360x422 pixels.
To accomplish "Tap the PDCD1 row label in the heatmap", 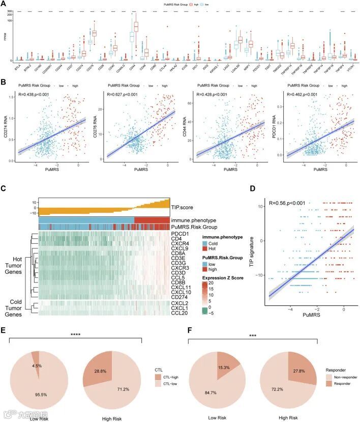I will tap(182, 234).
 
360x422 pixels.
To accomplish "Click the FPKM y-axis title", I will tap(4, 37).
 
